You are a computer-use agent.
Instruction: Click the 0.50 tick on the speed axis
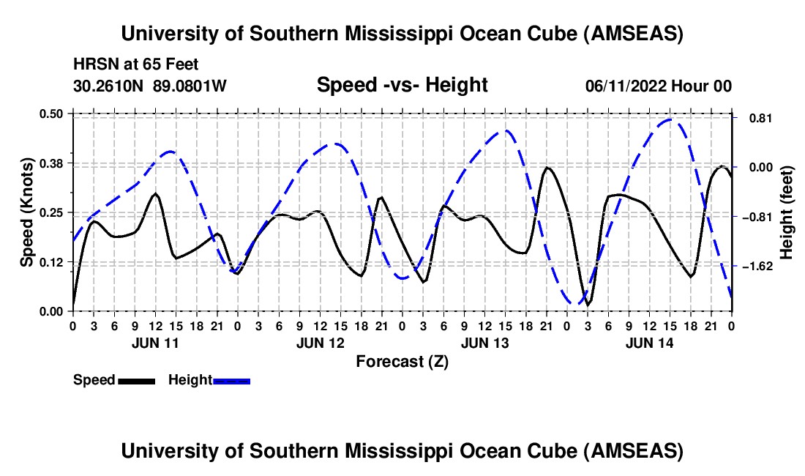pyautogui.click(x=52, y=114)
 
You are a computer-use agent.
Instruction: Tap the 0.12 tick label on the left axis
pyautogui.click(x=52, y=261)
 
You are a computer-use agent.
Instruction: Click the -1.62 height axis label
pyautogui.click(x=756, y=267)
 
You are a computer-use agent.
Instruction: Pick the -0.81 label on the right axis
pyautogui.click(x=756, y=217)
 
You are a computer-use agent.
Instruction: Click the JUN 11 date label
pyautogui.click(x=155, y=343)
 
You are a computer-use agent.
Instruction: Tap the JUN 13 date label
pyautogui.click(x=484, y=343)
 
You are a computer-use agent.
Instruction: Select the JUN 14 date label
pyautogui.click(x=649, y=343)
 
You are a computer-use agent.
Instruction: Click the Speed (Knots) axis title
pyautogui.click(x=27, y=212)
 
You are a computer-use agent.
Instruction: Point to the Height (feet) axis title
pyautogui.click(x=787, y=212)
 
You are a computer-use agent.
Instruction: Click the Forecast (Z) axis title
pyautogui.click(x=402, y=361)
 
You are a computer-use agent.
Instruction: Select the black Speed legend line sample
pyautogui.click(x=135, y=380)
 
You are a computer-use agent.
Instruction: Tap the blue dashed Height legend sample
pyautogui.click(x=231, y=380)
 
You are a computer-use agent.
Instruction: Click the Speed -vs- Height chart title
pyautogui.click(x=402, y=85)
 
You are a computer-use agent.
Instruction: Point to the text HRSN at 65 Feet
pyautogui.click(x=136, y=64)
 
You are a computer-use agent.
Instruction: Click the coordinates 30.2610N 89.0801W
pyautogui.click(x=150, y=86)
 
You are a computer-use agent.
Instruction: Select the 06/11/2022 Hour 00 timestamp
pyautogui.click(x=658, y=86)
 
